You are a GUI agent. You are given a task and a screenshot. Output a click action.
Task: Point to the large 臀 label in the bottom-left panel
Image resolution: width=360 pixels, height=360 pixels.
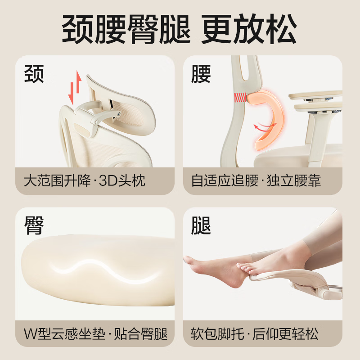click(34, 225)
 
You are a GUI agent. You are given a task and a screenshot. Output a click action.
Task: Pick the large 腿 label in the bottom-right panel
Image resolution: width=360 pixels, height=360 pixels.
click(201, 225)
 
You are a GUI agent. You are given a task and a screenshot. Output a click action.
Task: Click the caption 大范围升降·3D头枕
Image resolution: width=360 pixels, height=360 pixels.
click(85, 181)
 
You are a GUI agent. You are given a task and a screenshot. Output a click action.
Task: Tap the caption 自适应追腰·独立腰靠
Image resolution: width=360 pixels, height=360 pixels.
click(256, 181)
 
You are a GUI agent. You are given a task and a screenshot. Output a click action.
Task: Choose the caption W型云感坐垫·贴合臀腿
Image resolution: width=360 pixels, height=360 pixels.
click(95, 334)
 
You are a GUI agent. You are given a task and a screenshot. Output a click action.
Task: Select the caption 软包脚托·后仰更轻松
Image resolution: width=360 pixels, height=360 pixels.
click(255, 334)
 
